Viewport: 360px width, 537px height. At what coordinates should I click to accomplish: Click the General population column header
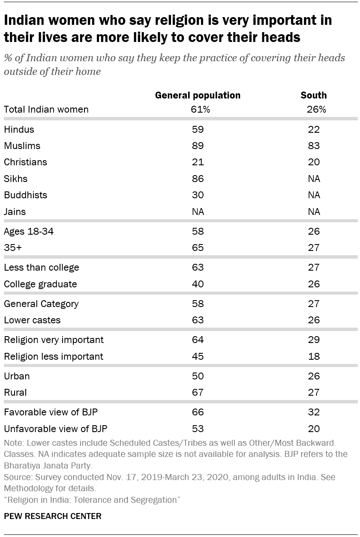(198, 95)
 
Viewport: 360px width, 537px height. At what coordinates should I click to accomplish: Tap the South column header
(314, 95)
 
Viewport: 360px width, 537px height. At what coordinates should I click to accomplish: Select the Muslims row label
(22, 146)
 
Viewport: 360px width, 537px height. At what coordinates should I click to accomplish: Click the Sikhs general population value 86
(198, 179)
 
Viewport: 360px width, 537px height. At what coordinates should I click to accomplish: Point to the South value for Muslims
(314, 146)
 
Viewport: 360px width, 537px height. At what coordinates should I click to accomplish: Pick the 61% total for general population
(200, 109)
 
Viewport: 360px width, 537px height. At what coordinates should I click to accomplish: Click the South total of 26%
(316, 109)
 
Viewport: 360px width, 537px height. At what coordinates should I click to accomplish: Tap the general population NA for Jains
(198, 212)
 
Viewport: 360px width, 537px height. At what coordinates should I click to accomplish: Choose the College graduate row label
(40, 284)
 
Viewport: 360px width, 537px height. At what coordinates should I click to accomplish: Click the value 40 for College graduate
(198, 284)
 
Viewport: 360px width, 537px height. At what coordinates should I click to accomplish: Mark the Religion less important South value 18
(314, 356)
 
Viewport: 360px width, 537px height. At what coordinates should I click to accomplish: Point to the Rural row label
(15, 392)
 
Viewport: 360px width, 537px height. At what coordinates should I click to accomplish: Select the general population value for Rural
(198, 392)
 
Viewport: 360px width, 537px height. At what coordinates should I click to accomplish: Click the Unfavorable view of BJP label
(55, 428)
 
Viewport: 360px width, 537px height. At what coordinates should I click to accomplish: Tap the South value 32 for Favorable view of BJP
(314, 412)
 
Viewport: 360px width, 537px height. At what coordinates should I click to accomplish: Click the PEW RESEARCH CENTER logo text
(52, 516)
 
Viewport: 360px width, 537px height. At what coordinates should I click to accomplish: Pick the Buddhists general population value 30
(198, 195)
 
